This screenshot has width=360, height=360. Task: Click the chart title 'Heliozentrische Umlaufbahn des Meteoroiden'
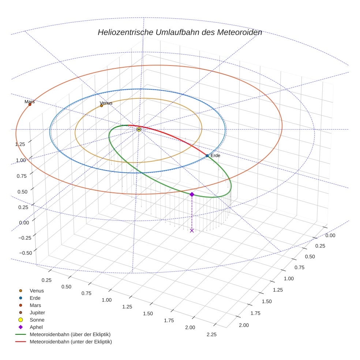pos(180,32)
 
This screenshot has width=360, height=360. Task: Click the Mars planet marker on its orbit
pos(30,104)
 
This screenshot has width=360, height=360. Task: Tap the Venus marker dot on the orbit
pos(102,106)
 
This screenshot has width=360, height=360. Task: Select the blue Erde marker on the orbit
pos(207,155)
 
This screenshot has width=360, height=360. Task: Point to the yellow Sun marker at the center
pos(139,129)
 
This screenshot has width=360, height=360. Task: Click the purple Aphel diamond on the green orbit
pos(192,194)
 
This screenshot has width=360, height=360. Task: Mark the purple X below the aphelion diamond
pos(192,230)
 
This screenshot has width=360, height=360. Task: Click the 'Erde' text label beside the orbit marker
pos(215,155)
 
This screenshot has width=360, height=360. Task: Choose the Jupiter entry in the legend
pos(37,312)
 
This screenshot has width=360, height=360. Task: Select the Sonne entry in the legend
pos(37,320)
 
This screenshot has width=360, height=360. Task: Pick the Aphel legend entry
pos(36,327)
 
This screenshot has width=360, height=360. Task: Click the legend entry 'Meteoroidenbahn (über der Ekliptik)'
pos(70,334)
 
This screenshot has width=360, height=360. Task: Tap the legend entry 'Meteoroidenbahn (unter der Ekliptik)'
pos(71,342)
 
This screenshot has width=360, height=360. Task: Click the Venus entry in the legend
pos(37,290)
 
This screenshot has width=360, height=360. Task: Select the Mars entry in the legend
pos(35,305)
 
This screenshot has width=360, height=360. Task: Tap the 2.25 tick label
pos(211,334)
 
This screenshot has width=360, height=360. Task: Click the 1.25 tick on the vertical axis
pos(20,144)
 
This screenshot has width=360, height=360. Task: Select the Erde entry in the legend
pos(35,298)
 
